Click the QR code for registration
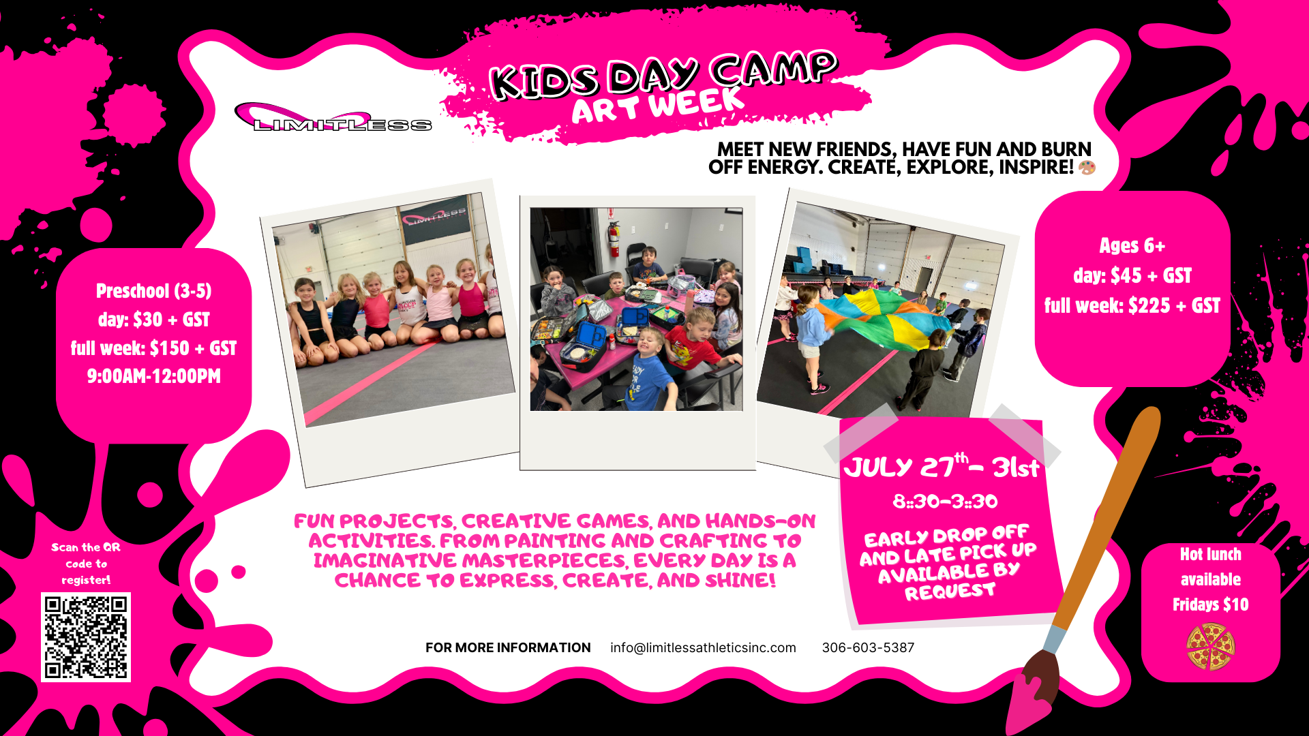coord(86,637)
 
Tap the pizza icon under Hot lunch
coord(1210,647)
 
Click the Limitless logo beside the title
coord(333,117)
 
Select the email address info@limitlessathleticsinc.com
coord(703,647)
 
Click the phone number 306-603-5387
coord(868,647)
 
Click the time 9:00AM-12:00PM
coord(154,376)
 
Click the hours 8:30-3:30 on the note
coord(945,502)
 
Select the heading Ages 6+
coord(1132,245)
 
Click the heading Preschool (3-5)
coord(154,291)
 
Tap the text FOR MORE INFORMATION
coord(508,647)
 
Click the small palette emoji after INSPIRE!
coord(1087,167)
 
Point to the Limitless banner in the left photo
coord(434,218)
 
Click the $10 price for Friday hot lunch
coord(1235,604)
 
